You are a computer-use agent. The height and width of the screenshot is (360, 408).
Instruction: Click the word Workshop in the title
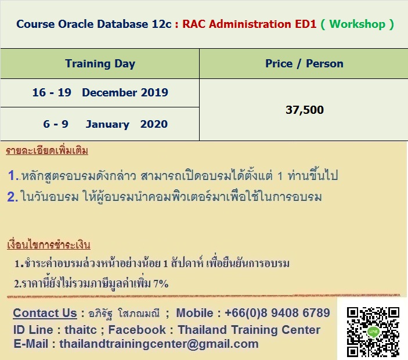(x=358, y=24)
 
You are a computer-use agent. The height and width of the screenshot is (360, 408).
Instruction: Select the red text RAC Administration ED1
(x=250, y=24)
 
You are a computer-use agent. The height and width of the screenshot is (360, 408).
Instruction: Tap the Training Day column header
(x=100, y=64)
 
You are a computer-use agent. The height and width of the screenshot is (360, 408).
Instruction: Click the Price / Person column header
(x=304, y=64)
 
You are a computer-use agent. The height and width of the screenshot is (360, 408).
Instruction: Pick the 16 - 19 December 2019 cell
(x=100, y=92)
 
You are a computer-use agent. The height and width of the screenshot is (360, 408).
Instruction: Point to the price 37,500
(x=305, y=110)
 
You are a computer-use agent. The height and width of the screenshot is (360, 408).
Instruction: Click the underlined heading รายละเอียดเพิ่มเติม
(x=47, y=151)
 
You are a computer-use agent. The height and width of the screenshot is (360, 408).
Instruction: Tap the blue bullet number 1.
(x=13, y=175)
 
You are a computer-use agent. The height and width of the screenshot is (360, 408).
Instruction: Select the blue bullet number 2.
(x=12, y=197)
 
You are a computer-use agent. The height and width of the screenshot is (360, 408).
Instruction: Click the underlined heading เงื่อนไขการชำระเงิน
(x=49, y=244)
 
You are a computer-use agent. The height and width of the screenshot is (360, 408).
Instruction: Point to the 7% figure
(x=161, y=283)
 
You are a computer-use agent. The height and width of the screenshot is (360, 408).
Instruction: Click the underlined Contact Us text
(x=45, y=313)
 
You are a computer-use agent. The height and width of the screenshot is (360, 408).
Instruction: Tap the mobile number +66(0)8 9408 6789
(x=277, y=313)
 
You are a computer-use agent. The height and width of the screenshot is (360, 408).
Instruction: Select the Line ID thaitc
(x=81, y=330)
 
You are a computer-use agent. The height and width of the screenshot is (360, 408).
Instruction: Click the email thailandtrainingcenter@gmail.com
(x=159, y=344)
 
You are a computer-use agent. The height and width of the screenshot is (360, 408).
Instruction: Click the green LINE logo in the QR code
(x=373, y=332)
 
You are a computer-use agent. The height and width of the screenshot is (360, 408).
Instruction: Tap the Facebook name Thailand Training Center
(x=249, y=330)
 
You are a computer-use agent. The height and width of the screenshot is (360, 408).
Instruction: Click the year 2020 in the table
(x=154, y=124)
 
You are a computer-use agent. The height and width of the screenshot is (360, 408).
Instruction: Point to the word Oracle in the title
(x=75, y=24)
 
